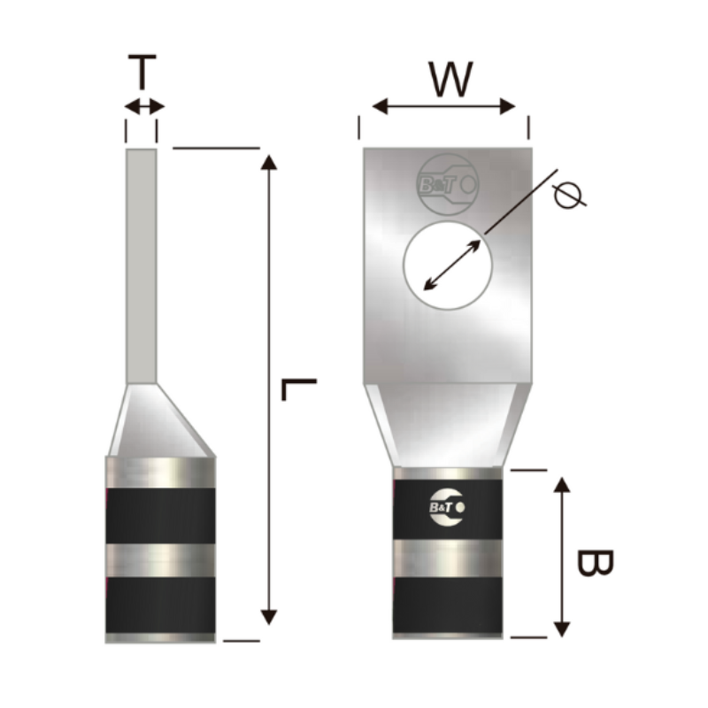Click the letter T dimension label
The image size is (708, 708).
click(x=142, y=72)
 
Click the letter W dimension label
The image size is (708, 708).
click(x=450, y=79)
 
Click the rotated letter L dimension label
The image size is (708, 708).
click(x=298, y=389)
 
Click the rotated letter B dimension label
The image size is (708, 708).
click(x=595, y=563)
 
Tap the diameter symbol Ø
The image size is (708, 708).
click(x=570, y=195)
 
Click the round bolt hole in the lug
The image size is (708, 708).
click(x=448, y=265)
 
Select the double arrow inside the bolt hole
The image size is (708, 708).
click(x=452, y=265)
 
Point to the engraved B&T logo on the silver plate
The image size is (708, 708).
click(x=448, y=184)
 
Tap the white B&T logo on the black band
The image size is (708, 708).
click(x=447, y=507)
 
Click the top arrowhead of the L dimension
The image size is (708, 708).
click(x=269, y=162)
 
